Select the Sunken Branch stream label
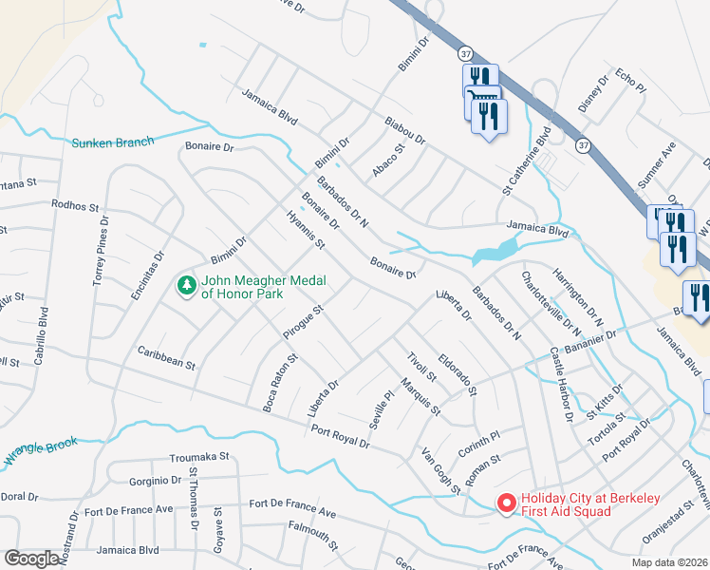pyautogui.click(x=112, y=142)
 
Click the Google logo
pyautogui.click(x=31, y=559)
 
